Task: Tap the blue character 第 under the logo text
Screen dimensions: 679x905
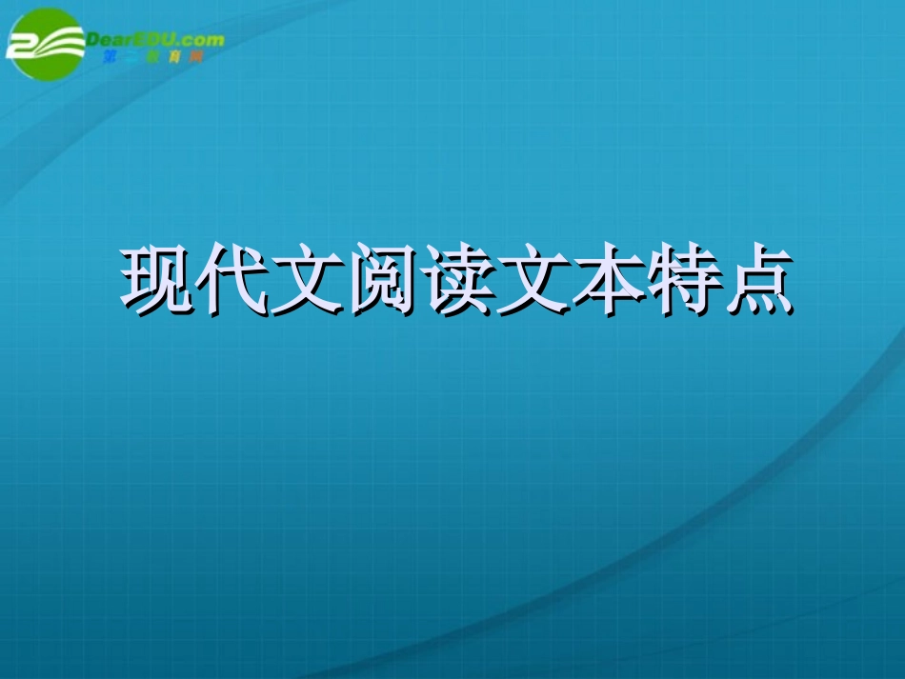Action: click(x=108, y=57)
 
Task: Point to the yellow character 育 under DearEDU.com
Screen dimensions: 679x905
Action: click(x=173, y=57)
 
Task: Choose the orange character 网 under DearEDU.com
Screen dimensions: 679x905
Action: click(x=195, y=57)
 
